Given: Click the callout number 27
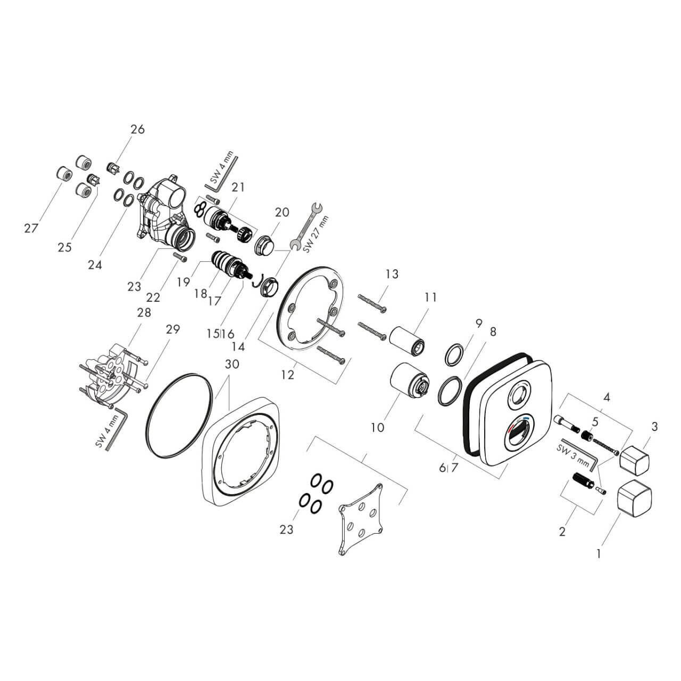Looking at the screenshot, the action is click(31, 229).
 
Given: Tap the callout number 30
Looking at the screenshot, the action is click(232, 364).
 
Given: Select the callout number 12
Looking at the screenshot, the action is click(288, 375).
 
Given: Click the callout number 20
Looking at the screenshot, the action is click(282, 212).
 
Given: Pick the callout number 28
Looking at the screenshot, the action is click(144, 312).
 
